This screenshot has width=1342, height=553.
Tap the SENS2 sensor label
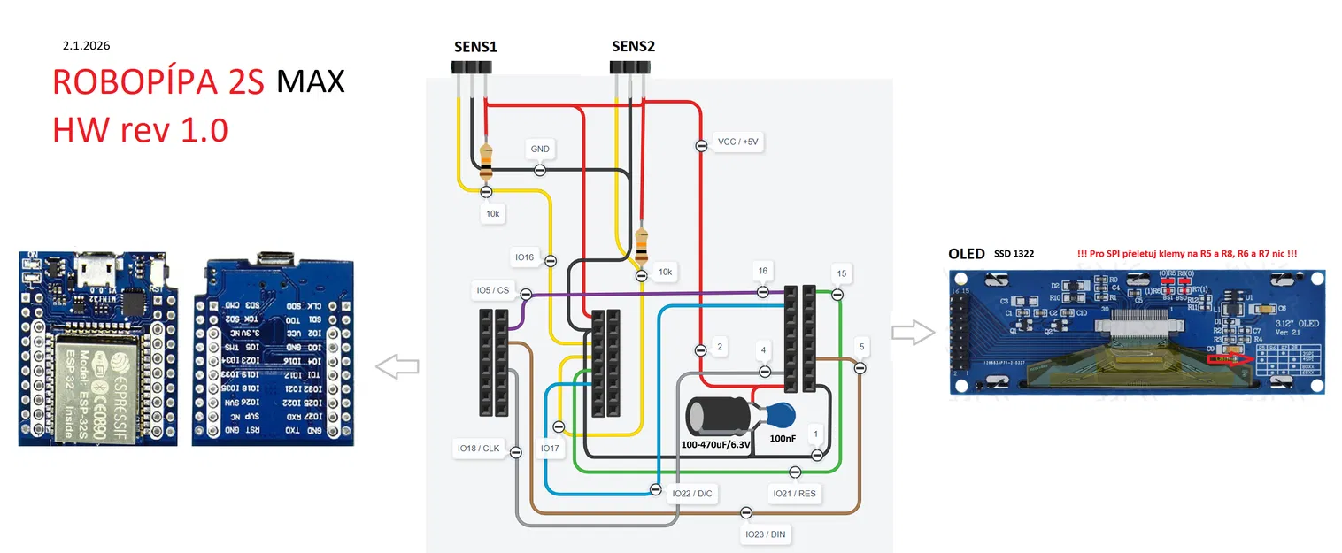[x=633, y=46]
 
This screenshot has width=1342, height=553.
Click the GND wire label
[x=539, y=150]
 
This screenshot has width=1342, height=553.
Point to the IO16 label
[x=525, y=257]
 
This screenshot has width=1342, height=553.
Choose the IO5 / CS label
[x=492, y=289]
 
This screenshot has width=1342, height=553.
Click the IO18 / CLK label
[x=478, y=449]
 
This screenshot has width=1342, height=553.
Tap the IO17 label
[x=550, y=449]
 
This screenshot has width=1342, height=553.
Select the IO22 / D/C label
[x=692, y=493]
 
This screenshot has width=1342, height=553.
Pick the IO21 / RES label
[x=794, y=493]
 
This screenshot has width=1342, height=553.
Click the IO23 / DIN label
[x=766, y=534]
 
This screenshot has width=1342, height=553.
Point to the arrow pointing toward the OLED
[x=913, y=333]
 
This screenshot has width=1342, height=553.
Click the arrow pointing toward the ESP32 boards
[x=397, y=365]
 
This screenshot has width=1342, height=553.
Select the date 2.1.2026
[x=86, y=44]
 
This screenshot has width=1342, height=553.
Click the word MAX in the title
[x=310, y=81]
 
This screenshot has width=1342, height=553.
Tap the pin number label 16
[x=762, y=270]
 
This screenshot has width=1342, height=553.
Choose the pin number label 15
[x=841, y=273]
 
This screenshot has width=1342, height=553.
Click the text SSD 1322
[x=1014, y=254]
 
